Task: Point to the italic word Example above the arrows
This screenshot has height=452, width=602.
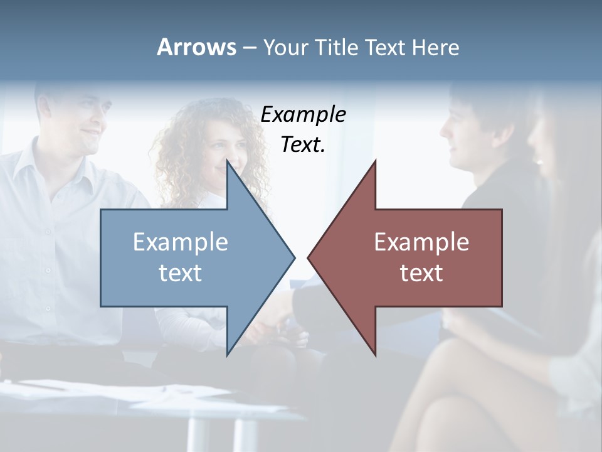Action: [304, 115]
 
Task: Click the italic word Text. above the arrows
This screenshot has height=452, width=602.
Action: [304, 145]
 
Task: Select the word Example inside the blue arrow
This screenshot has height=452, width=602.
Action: [181, 242]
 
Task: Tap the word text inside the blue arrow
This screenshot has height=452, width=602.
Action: [181, 273]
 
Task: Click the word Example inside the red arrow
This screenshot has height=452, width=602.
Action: [421, 242]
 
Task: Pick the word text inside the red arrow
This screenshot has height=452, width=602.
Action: [421, 273]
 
